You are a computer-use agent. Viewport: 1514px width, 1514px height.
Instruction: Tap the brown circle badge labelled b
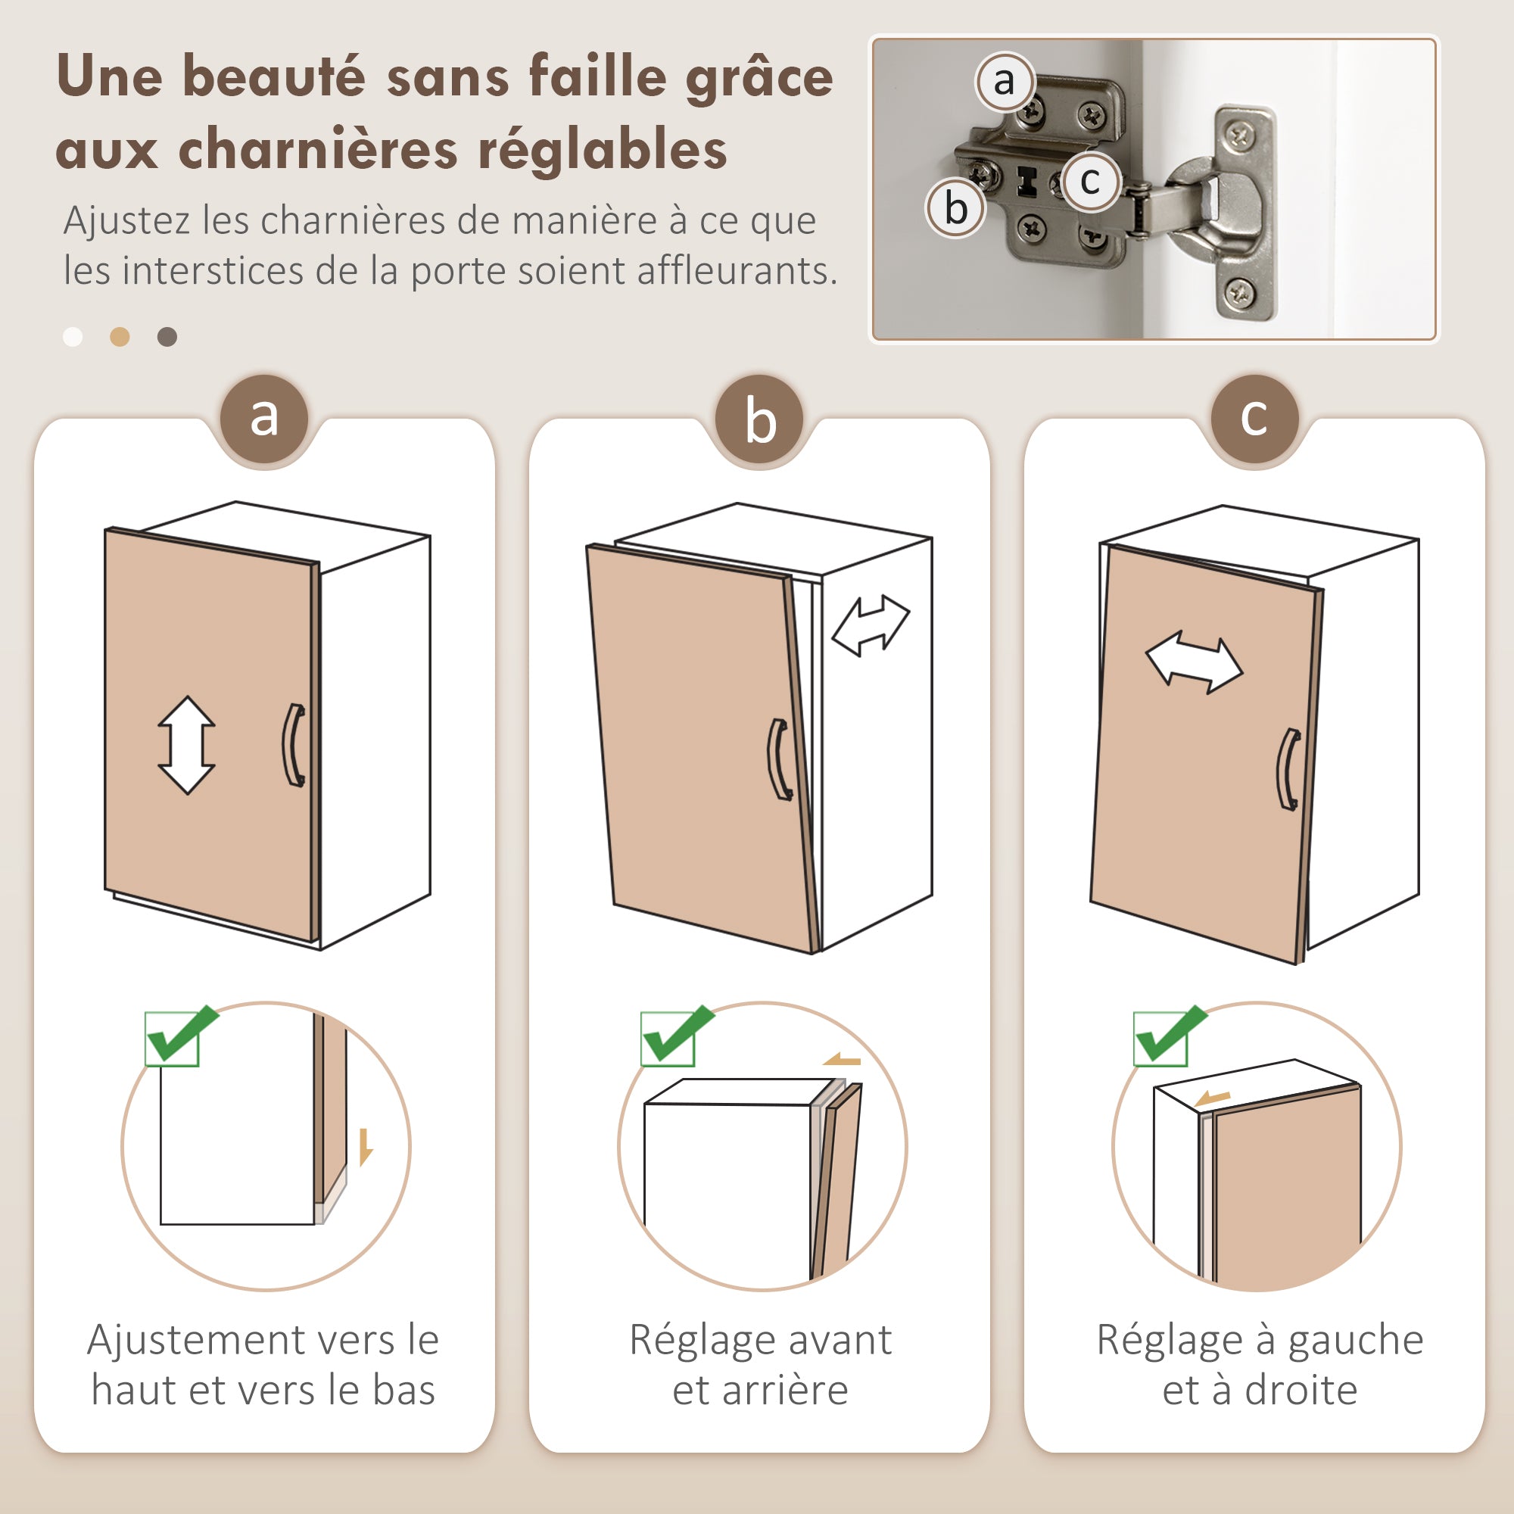pos(759,419)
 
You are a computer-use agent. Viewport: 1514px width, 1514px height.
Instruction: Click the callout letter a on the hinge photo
pos(1004,81)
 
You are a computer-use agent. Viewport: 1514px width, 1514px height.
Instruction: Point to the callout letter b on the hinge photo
pos(955,208)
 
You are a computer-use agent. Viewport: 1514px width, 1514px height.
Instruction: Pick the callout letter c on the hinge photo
pos(1090,181)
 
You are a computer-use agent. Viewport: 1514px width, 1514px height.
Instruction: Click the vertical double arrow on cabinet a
pos(186,745)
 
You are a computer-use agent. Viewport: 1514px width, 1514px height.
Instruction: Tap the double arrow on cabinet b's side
pos(870,625)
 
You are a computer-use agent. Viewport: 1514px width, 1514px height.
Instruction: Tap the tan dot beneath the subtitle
pos(119,337)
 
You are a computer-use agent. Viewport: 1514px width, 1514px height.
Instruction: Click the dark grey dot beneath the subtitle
pos(167,337)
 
